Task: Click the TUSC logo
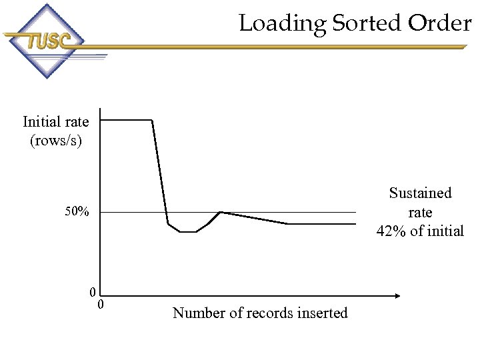click(47, 41)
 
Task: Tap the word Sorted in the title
click(367, 24)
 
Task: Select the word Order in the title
click(441, 24)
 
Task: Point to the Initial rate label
click(55, 121)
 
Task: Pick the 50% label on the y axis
click(77, 212)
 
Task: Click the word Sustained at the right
click(420, 193)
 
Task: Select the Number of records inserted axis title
click(260, 313)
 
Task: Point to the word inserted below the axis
click(323, 313)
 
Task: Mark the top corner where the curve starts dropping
click(153, 120)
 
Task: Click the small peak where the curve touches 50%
click(220, 212)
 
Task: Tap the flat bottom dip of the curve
click(188, 232)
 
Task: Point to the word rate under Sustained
click(420, 212)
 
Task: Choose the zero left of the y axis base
click(93, 292)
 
